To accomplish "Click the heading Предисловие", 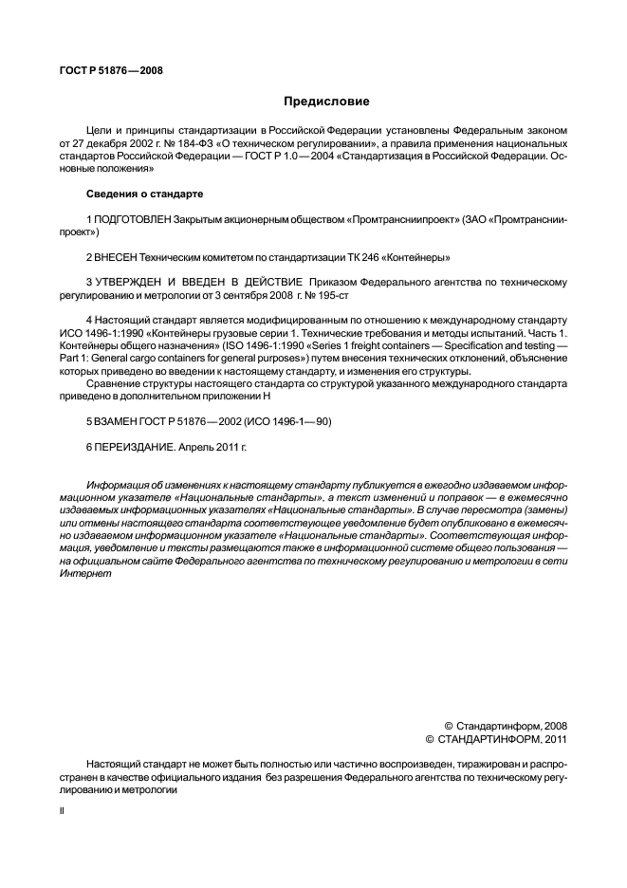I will tap(326, 102).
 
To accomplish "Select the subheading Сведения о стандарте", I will tap(145, 194).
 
